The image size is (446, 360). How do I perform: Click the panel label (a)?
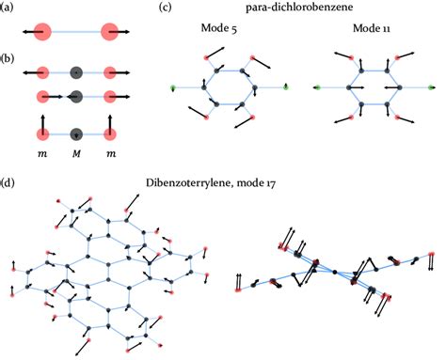tap(8, 9)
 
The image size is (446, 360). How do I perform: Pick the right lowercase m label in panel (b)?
tap(112, 152)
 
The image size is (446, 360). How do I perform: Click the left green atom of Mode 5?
tap(173, 88)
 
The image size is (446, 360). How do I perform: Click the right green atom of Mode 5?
tap(285, 88)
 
